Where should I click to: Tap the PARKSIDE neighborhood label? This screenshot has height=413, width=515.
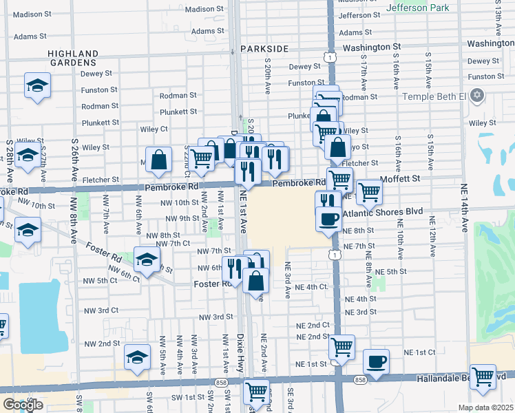[264, 50]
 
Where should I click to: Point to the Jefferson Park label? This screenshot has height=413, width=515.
[417, 8]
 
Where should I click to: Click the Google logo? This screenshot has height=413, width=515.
[23, 405]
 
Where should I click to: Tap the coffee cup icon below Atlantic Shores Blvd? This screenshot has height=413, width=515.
[328, 219]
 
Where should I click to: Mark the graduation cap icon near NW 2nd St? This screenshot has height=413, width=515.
[137, 357]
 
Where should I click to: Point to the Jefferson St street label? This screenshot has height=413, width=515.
[359, 15]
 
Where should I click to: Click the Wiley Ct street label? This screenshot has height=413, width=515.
[154, 129]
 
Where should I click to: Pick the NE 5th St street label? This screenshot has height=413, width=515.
[391, 272]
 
